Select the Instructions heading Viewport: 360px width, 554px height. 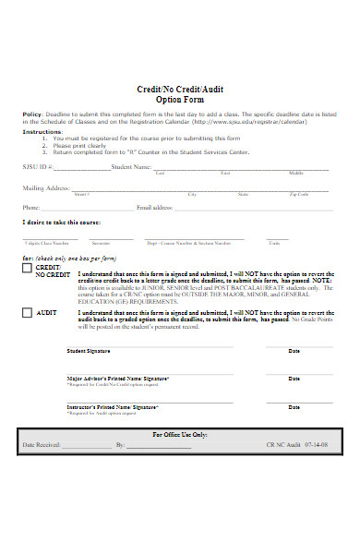(42, 131)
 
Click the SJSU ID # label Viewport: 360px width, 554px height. (39, 167)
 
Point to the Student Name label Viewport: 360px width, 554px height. (130, 167)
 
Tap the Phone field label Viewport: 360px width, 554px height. (31, 208)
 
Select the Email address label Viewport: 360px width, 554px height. (156, 208)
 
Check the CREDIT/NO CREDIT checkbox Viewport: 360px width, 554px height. (27, 269)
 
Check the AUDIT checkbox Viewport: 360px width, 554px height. (27, 313)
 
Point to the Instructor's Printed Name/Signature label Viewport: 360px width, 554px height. (113, 406)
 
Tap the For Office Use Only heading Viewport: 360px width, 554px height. (179, 434)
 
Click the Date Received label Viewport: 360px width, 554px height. (42, 445)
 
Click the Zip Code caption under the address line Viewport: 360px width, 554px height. (299, 195)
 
